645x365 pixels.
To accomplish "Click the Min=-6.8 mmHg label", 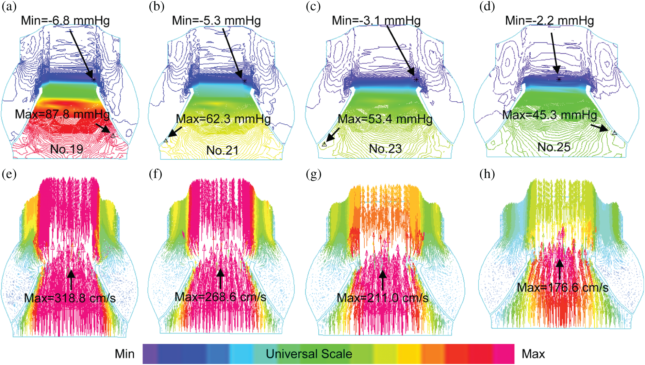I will pyautogui.click(x=65, y=21).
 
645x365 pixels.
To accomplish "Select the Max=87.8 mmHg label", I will pyautogui.click(x=62, y=114).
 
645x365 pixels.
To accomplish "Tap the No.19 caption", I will pyautogui.click(x=67, y=149).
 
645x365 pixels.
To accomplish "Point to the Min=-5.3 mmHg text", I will pyautogui.click(x=216, y=21).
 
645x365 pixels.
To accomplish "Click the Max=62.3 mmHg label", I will pyautogui.click(x=223, y=119).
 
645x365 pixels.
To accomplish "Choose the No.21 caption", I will pyautogui.click(x=222, y=150).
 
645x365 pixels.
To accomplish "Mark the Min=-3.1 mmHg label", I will pyautogui.click(x=376, y=21).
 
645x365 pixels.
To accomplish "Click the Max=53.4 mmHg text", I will pyautogui.click(x=385, y=119).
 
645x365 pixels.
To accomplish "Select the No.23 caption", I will pyautogui.click(x=385, y=149).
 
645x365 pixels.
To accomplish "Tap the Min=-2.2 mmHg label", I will pyautogui.click(x=549, y=21).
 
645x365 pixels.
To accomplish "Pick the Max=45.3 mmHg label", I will pyautogui.click(x=550, y=115).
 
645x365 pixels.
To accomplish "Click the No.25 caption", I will pyautogui.click(x=554, y=147).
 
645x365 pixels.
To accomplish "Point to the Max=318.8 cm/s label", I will pyautogui.click(x=70, y=298).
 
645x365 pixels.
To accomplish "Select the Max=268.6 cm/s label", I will pyautogui.click(x=220, y=297).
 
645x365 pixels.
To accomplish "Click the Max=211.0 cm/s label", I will pyautogui.click(x=383, y=298).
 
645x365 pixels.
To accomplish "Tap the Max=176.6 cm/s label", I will pyautogui.click(x=563, y=288).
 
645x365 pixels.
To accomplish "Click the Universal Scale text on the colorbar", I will pyautogui.click(x=309, y=354).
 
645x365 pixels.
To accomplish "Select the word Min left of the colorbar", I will pyautogui.click(x=125, y=354).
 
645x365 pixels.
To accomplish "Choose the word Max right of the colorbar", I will pyautogui.click(x=533, y=354).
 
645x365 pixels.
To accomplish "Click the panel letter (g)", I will pyautogui.click(x=313, y=174).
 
